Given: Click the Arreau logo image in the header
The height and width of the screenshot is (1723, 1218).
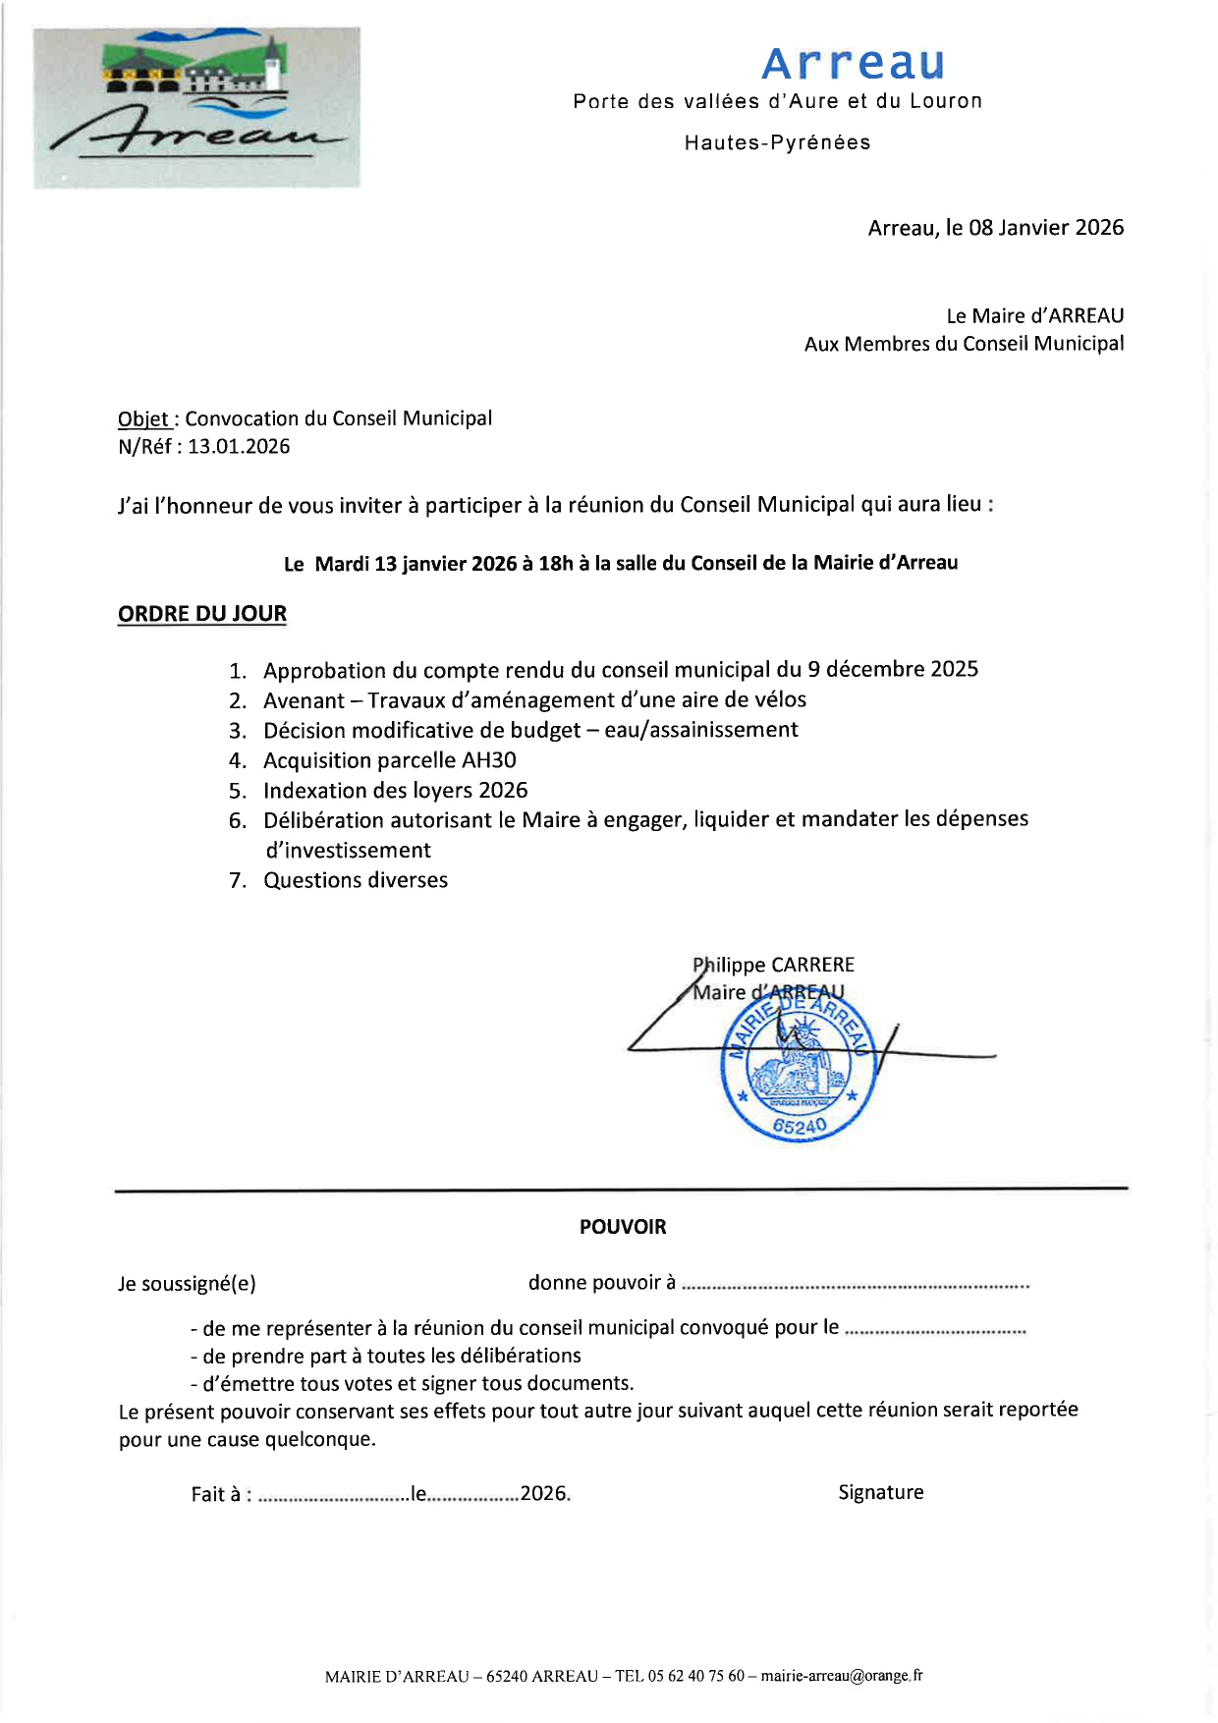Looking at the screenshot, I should click(196, 107).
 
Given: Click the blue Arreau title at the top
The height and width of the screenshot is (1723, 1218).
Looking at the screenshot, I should click(853, 64).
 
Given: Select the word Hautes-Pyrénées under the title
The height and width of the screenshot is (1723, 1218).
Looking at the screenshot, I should click(777, 142).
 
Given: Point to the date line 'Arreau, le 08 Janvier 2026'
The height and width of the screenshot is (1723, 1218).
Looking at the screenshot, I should click(995, 228).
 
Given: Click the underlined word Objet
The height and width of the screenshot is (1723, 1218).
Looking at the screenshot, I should click(143, 418).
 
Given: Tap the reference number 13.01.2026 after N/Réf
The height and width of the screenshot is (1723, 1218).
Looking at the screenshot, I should click(239, 447).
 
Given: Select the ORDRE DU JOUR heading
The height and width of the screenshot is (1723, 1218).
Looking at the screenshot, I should click(202, 614).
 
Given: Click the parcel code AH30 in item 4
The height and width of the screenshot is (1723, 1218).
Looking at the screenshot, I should click(488, 760).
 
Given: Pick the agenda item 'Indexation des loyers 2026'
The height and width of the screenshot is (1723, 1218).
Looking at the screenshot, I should click(395, 791).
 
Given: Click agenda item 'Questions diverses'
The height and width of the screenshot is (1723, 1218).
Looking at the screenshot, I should click(356, 880).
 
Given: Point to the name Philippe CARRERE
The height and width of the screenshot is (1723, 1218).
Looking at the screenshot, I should click(774, 965).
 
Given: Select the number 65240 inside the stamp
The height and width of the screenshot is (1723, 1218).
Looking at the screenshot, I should click(800, 1126).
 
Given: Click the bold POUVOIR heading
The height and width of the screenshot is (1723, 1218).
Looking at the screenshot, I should click(623, 1227).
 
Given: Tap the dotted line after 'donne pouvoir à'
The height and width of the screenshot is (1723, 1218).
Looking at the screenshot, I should click(855, 1285).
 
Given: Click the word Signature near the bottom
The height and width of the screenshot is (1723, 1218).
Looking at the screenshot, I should click(880, 1492).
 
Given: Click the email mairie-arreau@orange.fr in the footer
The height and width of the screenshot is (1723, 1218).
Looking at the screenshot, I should click(841, 1676).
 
